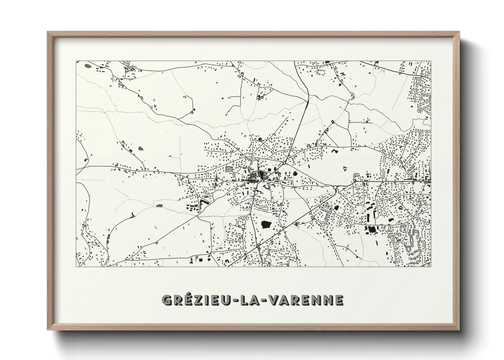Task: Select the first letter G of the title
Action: point(167,300)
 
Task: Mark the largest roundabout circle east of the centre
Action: point(335,187)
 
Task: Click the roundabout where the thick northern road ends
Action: point(284,164)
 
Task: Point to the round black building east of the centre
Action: point(295,174)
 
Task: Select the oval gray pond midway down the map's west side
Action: point(141,148)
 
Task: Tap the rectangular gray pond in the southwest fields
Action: point(159,206)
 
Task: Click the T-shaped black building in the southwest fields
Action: point(132,214)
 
